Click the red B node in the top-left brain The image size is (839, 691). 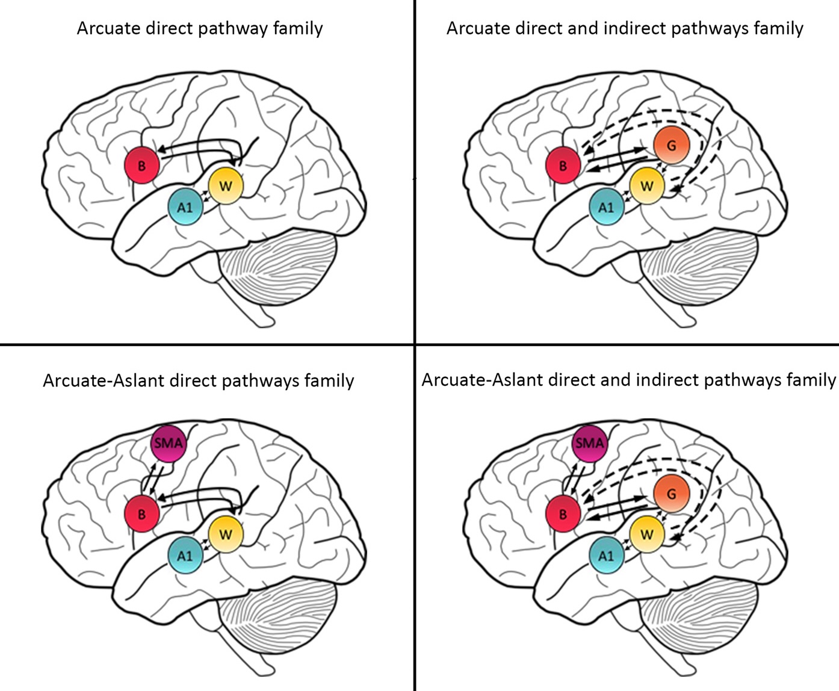(x=142, y=165)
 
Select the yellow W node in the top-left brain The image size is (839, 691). (x=226, y=186)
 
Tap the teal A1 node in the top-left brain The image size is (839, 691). (x=185, y=207)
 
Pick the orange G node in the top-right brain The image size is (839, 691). (x=672, y=145)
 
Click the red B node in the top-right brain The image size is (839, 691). (x=563, y=165)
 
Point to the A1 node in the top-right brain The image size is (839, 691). (x=607, y=207)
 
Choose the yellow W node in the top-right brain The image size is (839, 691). (x=647, y=186)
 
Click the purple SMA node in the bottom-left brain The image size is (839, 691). (x=169, y=444)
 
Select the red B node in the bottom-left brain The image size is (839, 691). (x=142, y=514)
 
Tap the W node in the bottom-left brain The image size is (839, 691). (x=226, y=535)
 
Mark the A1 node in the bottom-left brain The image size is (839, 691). (x=185, y=556)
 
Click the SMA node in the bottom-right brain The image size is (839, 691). (x=589, y=444)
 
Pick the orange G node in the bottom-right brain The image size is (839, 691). (x=672, y=494)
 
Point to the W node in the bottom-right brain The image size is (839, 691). (x=647, y=535)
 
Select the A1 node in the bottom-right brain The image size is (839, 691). (x=607, y=556)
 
